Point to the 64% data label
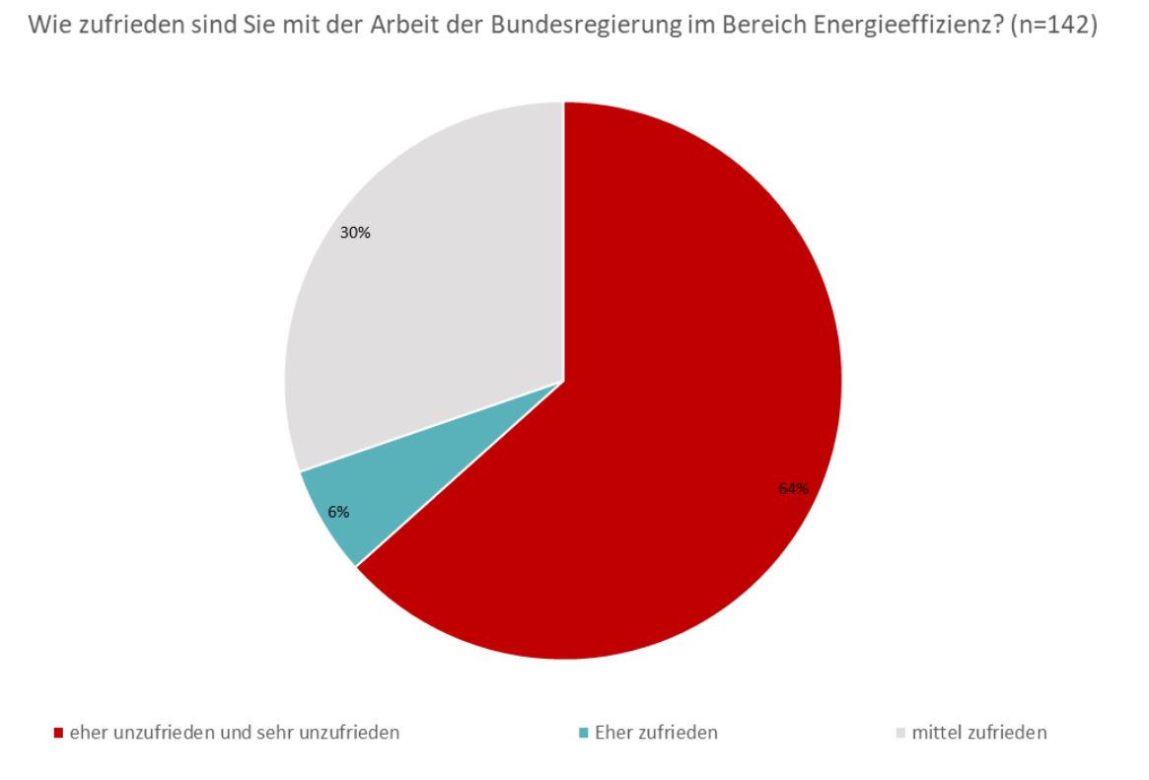pos(793,488)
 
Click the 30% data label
pos(355,234)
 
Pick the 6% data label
pos(338,512)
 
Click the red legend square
pos(59,734)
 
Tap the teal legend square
pos(584,734)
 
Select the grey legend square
pos(899,734)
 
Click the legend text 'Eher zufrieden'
pos(656,733)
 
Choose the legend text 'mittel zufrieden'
pos(978,733)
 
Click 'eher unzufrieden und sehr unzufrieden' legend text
pos(234,733)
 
